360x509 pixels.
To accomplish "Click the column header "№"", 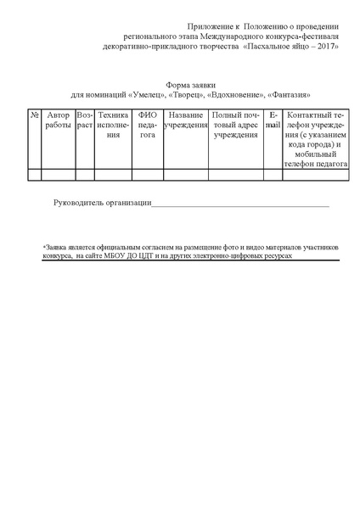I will pos(34,115).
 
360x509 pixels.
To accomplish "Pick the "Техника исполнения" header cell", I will pos(113,124).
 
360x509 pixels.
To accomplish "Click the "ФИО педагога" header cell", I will pos(148,124).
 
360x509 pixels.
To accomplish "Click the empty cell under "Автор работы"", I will pos(59,175).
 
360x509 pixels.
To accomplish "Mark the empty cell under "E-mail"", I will pos(273,175).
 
